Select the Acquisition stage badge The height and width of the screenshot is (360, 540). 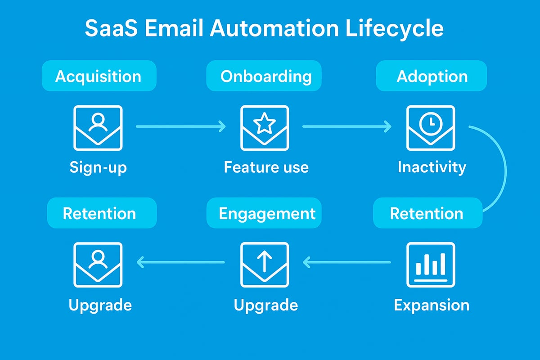99,76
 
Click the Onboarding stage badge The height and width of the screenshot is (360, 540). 265,76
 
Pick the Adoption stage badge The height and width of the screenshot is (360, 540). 432,76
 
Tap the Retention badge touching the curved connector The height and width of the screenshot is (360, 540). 427,213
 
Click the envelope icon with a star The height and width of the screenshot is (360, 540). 265,128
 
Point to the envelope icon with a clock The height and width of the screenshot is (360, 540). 431,128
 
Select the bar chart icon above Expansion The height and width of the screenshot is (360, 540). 431,265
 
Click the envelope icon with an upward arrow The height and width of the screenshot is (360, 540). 265,265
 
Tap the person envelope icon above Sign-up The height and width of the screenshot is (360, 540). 98,128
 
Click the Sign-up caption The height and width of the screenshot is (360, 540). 98,167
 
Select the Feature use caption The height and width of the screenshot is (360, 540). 266,167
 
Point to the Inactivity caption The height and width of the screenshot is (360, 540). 432,167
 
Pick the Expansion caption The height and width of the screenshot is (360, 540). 432,305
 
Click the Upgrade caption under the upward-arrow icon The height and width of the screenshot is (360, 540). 265,305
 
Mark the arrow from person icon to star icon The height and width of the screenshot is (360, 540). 180,127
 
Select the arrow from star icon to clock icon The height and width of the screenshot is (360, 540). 347,127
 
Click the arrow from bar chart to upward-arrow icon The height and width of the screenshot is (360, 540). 347,261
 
